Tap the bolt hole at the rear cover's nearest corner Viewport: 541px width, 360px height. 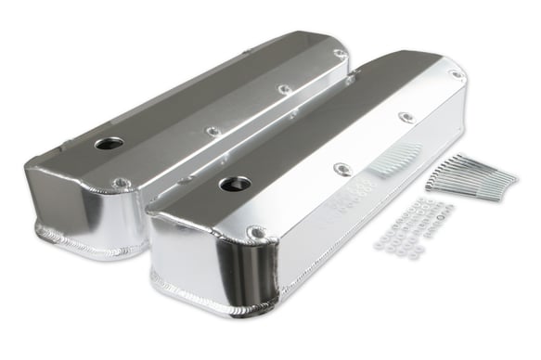(x=120, y=183)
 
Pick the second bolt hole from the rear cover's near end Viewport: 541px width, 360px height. (x=213, y=131)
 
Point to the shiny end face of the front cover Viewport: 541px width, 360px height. (x=200, y=255)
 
